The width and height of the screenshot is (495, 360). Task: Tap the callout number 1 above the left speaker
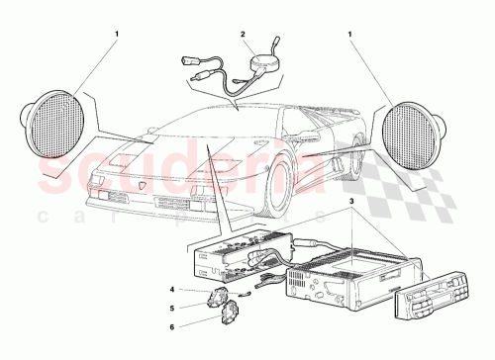116,37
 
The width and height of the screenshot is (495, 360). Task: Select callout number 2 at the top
242,36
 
